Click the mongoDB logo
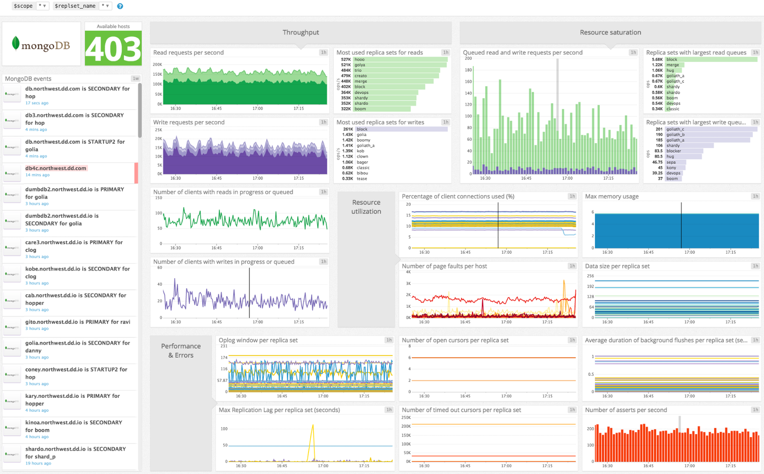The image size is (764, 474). [41, 45]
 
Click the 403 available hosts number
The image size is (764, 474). [113, 49]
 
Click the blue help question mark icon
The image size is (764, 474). [120, 6]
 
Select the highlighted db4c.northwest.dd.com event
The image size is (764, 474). [55, 168]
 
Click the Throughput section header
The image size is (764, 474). [300, 32]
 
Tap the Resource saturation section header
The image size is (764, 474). [610, 32]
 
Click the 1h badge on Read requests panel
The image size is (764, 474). [323, 53]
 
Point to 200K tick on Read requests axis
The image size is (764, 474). [157, 65]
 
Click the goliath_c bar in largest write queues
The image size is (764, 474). [710, 129]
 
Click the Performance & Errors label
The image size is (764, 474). [181, 351]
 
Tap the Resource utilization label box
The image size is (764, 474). [366, 207]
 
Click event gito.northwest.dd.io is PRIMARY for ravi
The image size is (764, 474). [78, 322]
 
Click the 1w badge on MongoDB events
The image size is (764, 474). [135, 79]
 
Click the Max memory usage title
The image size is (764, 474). [612, 196]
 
